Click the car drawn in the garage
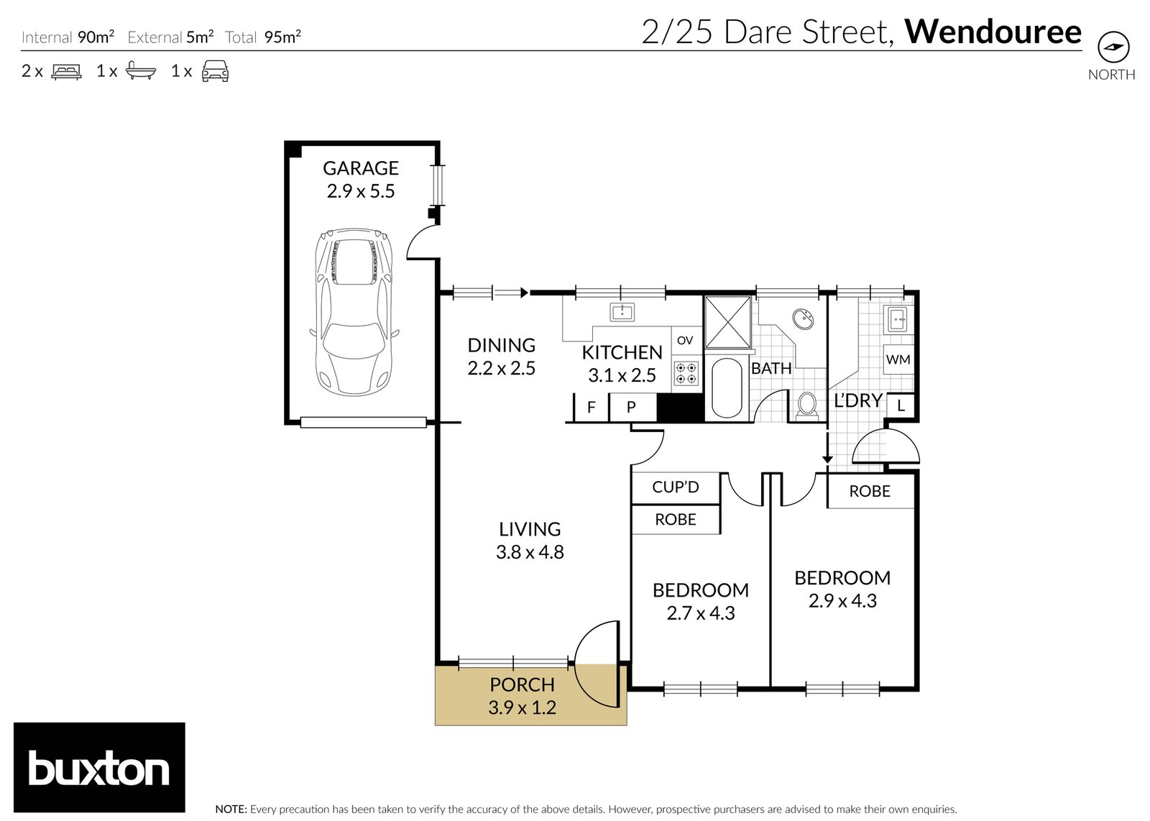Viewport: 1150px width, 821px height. click(354, 312)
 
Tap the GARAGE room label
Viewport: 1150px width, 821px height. click(360, 168)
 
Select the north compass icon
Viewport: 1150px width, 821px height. click(1113, 47)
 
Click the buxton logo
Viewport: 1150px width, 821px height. click(99, 767)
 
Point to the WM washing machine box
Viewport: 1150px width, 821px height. click(898, 359)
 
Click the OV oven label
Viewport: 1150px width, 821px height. click(685, 341)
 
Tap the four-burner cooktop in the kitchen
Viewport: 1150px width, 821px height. click(686, 373)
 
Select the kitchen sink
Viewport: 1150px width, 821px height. click(622, 312)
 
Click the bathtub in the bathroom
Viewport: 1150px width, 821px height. click(727, 387)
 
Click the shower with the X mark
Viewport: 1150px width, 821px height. click(727, 322)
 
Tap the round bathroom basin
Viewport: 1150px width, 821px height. click(802, 319)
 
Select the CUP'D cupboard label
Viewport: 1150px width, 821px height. click(676, 487)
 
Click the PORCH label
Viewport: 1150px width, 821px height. click(522, 684)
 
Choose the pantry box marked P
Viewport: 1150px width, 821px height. click(632, 407)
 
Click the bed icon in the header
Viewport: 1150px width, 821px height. click(66, 71)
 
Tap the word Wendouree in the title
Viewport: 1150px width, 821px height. click(993, 32)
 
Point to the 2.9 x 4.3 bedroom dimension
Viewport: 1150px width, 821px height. click(842, 601)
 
